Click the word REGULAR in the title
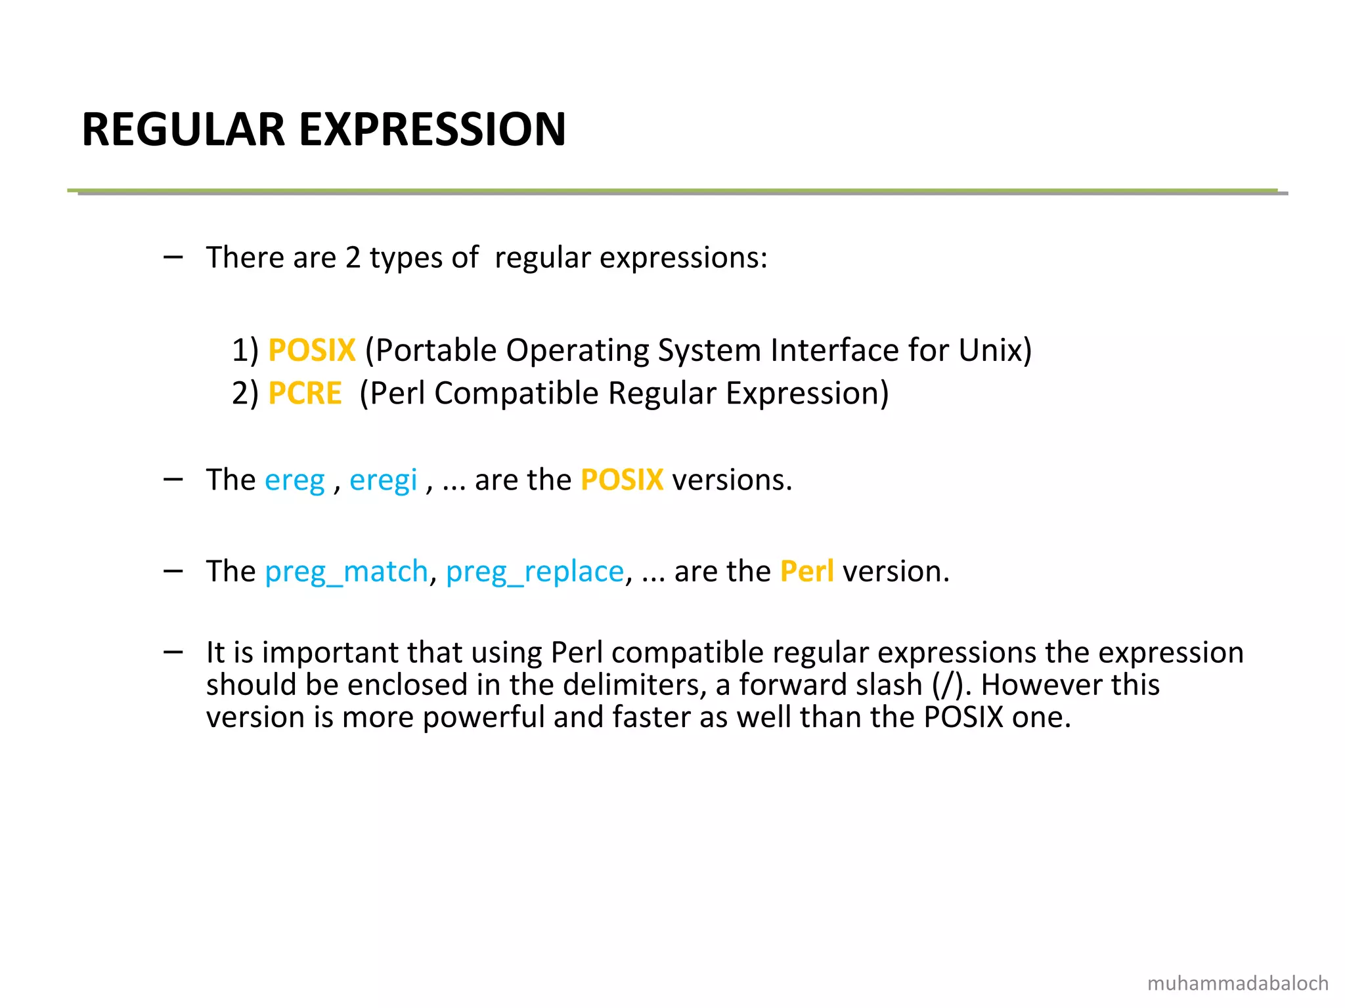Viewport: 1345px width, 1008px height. (x=183, y=129)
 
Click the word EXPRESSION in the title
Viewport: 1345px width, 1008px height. (x=433, y=129)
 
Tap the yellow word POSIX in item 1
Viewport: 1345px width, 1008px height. (x=312, y=350)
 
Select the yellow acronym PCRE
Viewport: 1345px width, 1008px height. (x=305, y=394)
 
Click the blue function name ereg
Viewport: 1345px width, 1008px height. (x=294, y=480)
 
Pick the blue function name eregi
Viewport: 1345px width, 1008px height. (x=383, y=480)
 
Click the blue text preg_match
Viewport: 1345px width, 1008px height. (x=346, y=572)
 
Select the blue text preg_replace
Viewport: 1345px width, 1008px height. (x=535, y=572)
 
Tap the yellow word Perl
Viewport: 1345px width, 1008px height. (x=806, y=572)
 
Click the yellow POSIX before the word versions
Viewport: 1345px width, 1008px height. (x=622, y=480)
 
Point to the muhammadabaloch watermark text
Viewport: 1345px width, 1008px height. (x=1237, y=983)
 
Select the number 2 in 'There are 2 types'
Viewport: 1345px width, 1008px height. (x=353, y=258)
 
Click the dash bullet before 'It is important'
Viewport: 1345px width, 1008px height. (x=173, y=652)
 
